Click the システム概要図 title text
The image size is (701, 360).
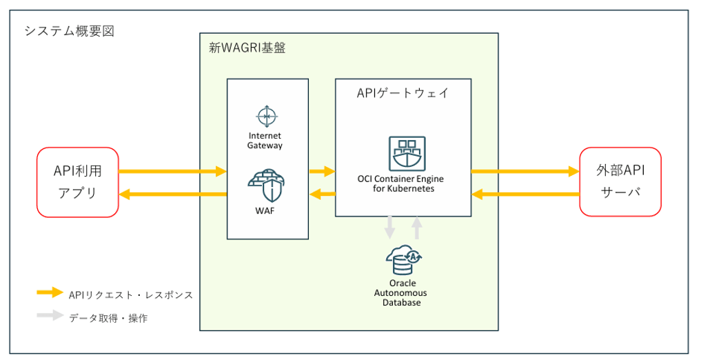(x=69, y=31)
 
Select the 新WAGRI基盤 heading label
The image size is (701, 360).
(x=247, y=48)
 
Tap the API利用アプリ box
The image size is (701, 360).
(x=77, y=182)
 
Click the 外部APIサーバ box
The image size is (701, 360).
(x=620, y=182)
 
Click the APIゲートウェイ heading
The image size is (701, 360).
(x=403, y=93)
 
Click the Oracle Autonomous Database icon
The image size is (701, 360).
(x=403, y=260)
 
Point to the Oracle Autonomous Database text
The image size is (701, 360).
(x=402, y=292)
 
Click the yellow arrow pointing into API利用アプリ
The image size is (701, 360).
(x=172, y=194)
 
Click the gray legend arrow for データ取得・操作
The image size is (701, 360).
(x=50, y=317)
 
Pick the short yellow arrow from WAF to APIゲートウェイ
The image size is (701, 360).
(x=322, y=170)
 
